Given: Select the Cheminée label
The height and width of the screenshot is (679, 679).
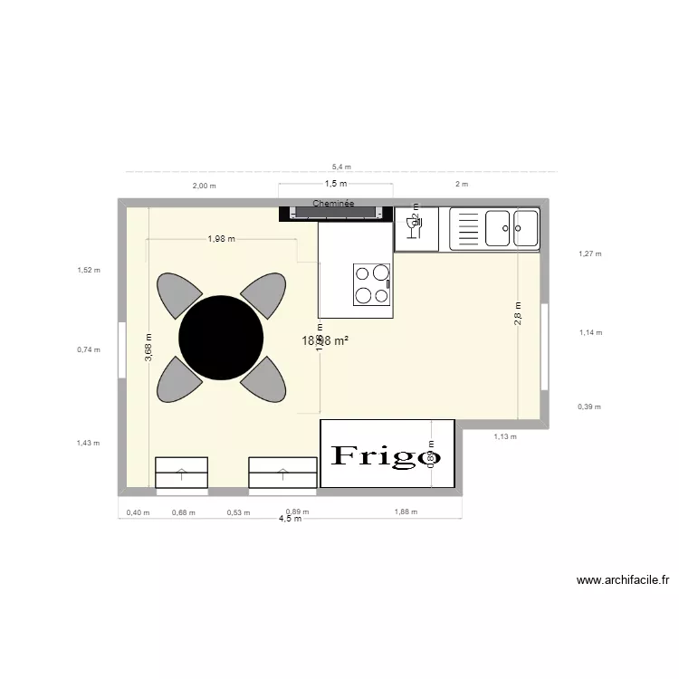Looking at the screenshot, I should (333, 204).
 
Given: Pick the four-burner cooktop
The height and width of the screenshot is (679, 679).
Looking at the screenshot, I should (371, 283).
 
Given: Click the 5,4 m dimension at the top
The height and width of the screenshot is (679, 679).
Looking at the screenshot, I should (341, 167).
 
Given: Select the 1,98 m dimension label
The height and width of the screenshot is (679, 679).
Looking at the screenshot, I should (222, 239).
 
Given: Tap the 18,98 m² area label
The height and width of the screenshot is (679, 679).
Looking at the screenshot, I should (326, 341).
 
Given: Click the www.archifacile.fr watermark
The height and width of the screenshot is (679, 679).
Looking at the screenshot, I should (622, 580).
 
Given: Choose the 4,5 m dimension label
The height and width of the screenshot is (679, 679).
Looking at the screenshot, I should (290, 519).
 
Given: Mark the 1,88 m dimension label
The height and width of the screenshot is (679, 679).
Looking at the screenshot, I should (406, 512).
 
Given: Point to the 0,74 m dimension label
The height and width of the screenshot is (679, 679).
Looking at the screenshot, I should (89, 349).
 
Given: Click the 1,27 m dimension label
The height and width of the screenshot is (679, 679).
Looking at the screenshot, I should (590, 254).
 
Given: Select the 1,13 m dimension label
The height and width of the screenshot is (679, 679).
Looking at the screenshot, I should (504, 436).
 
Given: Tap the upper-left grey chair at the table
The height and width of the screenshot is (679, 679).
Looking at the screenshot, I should (178, 295).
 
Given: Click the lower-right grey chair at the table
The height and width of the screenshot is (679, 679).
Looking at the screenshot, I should (264, 379).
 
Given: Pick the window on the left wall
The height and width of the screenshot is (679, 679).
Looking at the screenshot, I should (120, 349).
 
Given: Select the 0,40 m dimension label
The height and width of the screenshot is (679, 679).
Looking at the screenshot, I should (138, 512).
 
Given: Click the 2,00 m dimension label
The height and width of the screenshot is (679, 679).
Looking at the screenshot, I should (204, 185).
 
